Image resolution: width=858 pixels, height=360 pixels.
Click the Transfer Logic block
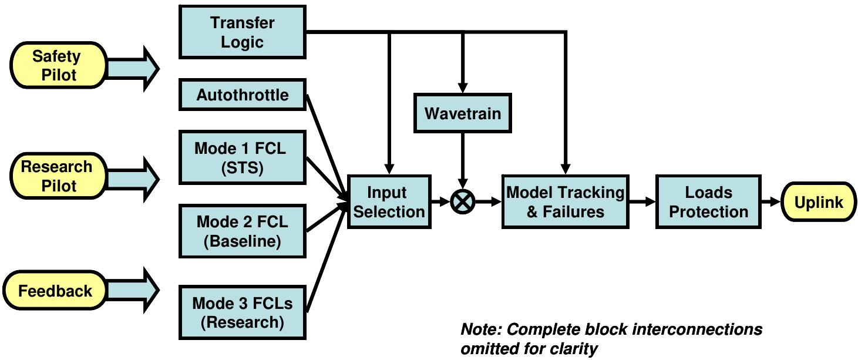[242, 32]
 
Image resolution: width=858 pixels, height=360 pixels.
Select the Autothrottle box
[242, 95]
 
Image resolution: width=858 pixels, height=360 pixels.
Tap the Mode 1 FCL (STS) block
[242, 157]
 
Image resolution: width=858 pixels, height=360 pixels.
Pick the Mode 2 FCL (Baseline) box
[242, 231]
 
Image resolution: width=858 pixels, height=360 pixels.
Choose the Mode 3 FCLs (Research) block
[242, 312]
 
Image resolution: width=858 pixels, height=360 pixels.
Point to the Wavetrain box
[463, 113]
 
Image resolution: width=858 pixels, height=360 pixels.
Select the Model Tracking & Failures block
[565, 202]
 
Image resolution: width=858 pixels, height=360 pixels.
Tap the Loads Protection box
[708, 202]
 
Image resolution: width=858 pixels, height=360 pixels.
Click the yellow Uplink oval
[818, 202]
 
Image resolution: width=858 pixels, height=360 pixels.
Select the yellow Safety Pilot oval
[56, 65]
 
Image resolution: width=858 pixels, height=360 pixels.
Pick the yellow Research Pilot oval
[56, 176]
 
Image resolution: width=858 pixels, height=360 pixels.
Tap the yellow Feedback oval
[55, 291]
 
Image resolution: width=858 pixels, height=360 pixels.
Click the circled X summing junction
[463, 202]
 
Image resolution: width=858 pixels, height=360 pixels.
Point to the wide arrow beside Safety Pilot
[133, 69]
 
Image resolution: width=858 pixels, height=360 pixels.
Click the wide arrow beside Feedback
[133, 289]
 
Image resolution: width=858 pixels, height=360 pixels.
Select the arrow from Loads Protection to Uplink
[772, 202]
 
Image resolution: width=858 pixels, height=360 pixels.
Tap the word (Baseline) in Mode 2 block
[242, 241]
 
